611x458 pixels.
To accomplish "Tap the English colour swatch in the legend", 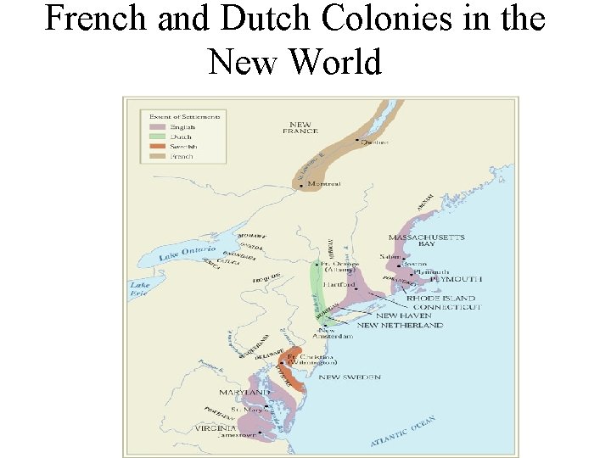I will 157,127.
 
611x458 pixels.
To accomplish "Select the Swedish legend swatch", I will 157,147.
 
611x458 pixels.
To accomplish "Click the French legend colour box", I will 157,156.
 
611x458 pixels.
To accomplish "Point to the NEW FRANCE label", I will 301,128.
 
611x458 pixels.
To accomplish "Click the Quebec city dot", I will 357,141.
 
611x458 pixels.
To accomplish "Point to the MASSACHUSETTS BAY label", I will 426,240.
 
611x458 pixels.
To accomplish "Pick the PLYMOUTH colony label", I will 456,279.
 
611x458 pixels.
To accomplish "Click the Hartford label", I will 339,285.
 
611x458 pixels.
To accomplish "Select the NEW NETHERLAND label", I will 400,325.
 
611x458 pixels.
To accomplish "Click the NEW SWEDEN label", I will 349,377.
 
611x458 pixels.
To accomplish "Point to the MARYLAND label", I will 244,393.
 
